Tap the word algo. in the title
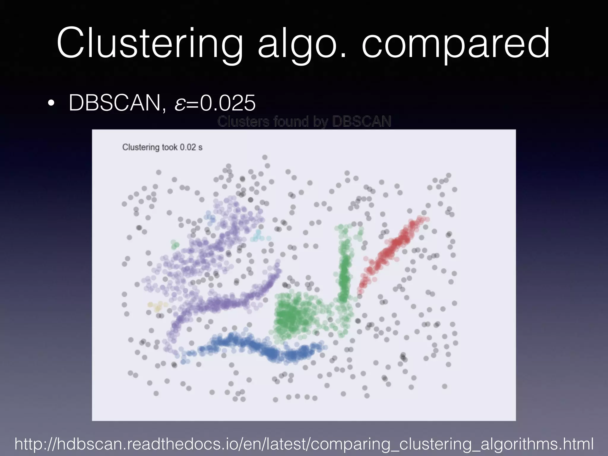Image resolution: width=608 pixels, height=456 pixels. (x=302, y=44)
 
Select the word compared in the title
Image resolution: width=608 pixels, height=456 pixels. (x=455, y=44)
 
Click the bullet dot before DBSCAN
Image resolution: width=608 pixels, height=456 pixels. (x=51, y=104)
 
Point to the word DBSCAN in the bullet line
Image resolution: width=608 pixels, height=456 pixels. (x=115, y=103)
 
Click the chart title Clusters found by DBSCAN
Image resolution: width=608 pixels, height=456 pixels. (x=304, y=121)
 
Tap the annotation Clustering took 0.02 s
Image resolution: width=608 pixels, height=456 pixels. (x=162, y=147)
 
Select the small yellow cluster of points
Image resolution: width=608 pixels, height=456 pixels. (x=157, y=306)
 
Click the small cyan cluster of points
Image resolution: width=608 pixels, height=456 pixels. (x=259, y=236)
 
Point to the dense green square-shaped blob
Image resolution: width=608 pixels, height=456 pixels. (x=292, y=316)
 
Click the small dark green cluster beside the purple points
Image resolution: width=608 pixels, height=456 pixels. (x=175, y=245)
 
